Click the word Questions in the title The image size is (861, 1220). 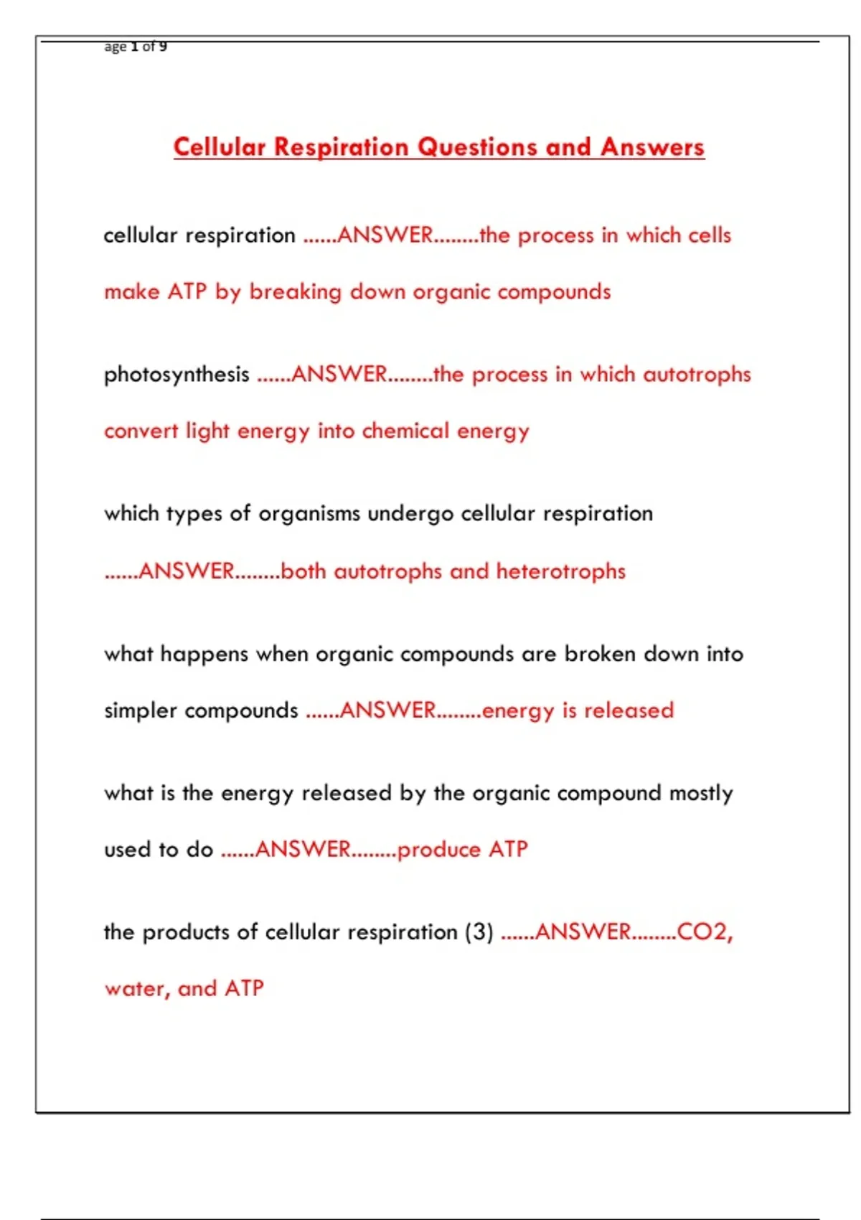pyautogui.click(x=477, y=147)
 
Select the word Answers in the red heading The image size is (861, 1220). pyautogui.click(x=652, y=147)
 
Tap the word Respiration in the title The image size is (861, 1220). pyautogui.click(x=342, y=147)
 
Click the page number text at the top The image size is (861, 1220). pyautogui.click(x=136, y=47)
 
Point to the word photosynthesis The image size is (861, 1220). pyautogui.click(x=177, y=375)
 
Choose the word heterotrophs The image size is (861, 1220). pyautogui.click(x=560, y=571)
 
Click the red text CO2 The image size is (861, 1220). pyautogui.click(x=704, y=932)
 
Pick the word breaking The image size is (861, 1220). pyautogui.click(x=295, y=292)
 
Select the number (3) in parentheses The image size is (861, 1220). pyautogui.click(x=479, y=932)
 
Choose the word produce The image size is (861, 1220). pyautogui.click(x=438, y=850)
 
